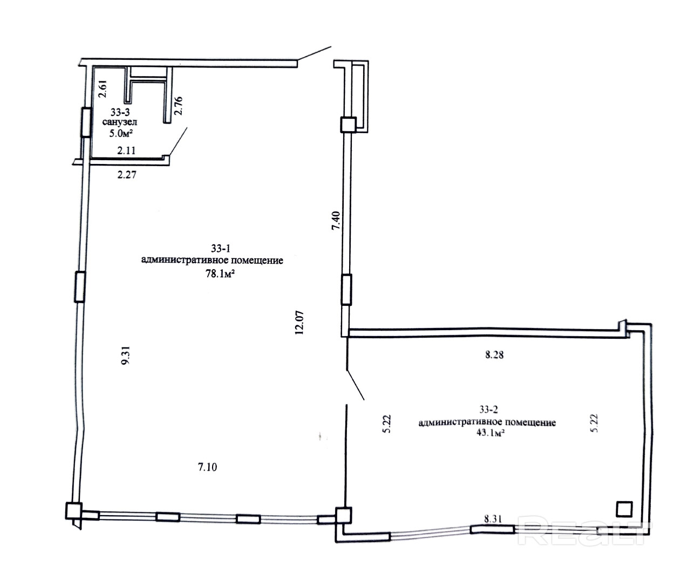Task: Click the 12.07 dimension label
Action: pyautogui.click(x=299, y=322)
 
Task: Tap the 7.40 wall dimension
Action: pyautogui.click(x=336, y=220)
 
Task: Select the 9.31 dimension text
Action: pyautogui.click(x=126, y=355)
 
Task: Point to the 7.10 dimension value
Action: pyautogui.click(x=207, y=467)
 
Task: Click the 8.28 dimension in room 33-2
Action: pyautogui.click(x=494, y=355)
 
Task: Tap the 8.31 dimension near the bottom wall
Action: pyautogui.click(x=493, y=519)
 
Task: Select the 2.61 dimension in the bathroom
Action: pyautogui.click(x=103, y=89)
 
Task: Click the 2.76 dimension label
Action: pyautogui.click(x=179, y=106)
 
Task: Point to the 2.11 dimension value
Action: pyautogui.click(x=126, y=150)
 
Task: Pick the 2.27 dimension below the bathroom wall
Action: pyautogui.click(x=127, y=174)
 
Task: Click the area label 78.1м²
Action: pyautogui.click(x=220, y=273)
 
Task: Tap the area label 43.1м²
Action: pyautogui.click(x=490, y=433)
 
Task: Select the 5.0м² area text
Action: pyautogui.click(x=121, y=133)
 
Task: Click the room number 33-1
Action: pyautogui.click(x=221, y=248)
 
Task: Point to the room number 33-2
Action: pyautogui.click(x=488, y=409)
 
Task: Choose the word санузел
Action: pyautogui.click(x=119, y=122)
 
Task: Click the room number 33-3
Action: pyautogui.click(x=120, y=112)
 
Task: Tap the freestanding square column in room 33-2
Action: pyautogui.click(x=624, y=509)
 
